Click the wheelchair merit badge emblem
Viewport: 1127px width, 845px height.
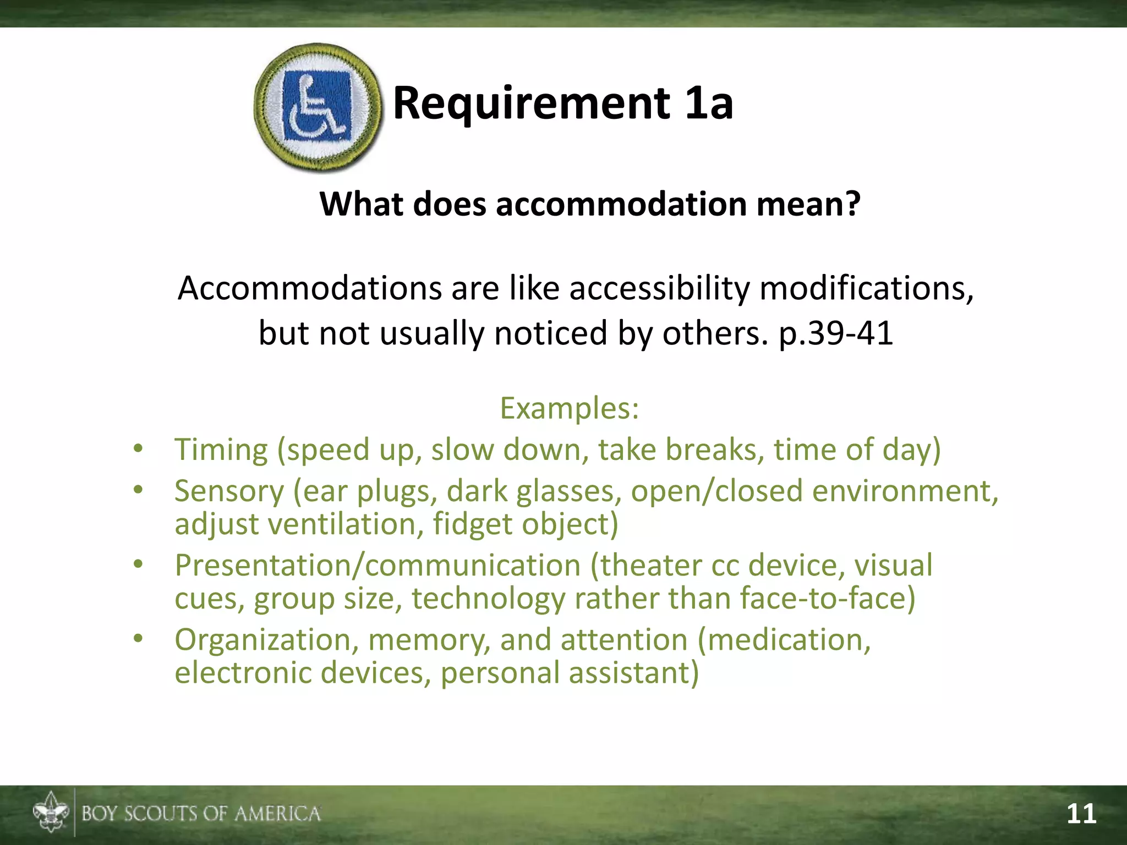pos(318,107)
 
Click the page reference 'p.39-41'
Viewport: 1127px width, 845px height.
pos(836,333)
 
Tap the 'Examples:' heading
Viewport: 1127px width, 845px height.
pos(570,408)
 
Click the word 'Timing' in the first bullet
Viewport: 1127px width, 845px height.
pos(221,450)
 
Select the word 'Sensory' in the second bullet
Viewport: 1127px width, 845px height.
pos(229,491)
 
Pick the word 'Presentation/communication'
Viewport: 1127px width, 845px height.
pos(378,565)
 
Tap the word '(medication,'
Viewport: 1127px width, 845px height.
pos(784,640)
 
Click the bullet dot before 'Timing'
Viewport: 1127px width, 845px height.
pos(138,449)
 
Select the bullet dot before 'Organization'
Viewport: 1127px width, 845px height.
pos(138,639)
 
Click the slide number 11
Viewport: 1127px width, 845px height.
pos(1081,814)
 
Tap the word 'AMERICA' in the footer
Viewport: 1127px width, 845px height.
pos(277,814)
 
